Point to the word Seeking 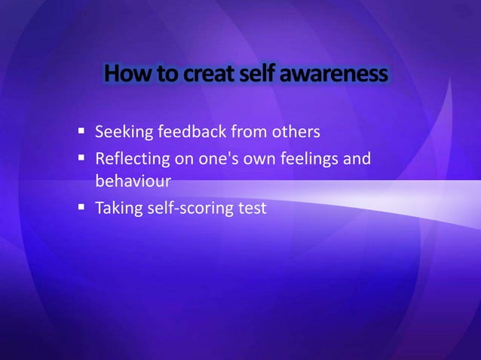point(123,133)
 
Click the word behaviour point(129,182)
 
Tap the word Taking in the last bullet point(118,207)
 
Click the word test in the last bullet point(254,207)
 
